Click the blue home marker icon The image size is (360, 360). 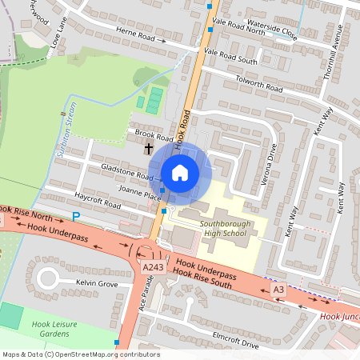coord(180,171)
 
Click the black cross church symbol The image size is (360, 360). coord(148,148)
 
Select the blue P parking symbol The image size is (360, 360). coord(77,217)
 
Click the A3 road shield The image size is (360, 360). coord(278,289)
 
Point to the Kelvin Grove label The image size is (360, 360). coord(97,284)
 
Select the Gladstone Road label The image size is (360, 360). coord(126,171)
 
